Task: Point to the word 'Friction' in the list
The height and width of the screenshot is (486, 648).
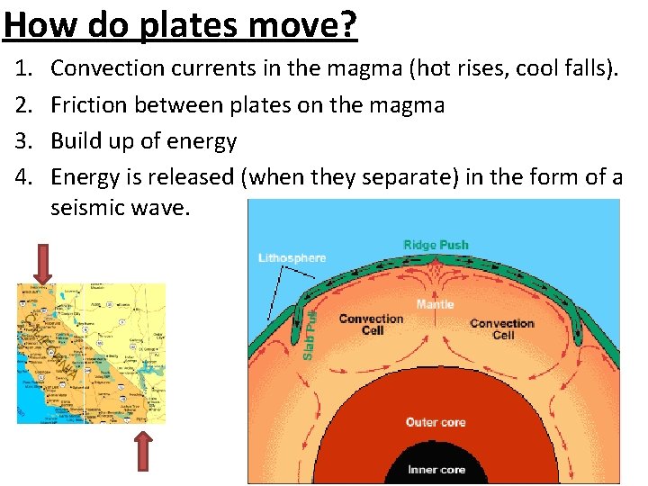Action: pyautogui.click(x=88, y=104)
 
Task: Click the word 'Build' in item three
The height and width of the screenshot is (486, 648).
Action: pyautogui.click(x=73, y=140)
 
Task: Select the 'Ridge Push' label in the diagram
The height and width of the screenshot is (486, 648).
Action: pyautogui.click(x=436, y=245)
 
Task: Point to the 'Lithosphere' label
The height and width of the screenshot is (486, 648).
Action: pyautogui.click(x=292, y=258)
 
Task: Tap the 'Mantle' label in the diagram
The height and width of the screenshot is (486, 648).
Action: pyautogui.click(x=435, y=304)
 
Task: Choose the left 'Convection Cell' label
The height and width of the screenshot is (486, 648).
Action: pyautogui.click(x=371, y=324)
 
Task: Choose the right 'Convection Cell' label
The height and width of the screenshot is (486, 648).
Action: pyautogui.click(x=502, y=328)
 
